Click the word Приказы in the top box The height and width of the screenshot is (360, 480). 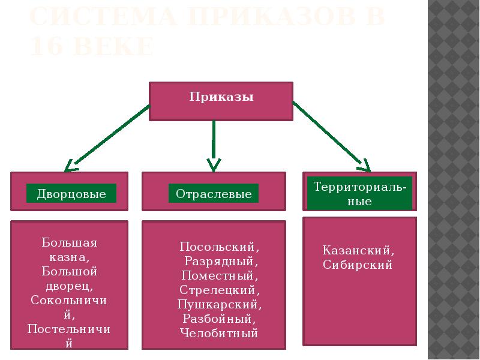click(x=221, y=97)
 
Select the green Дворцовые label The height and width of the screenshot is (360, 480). click(x=71, y=194)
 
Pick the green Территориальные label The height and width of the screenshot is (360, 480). click(x=360, y=193)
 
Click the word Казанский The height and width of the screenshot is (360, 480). click(x=359, y=250)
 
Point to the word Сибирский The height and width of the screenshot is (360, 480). click(x=358, y=265)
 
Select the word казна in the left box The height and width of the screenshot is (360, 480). click(x=68, y=257)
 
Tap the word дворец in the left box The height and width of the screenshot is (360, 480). click(x=68, y=286)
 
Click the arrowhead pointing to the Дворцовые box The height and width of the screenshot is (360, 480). click(x=71, y=164)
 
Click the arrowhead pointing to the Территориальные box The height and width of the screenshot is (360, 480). click(x=364, y=164)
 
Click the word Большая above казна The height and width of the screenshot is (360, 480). click(x=69, y=243)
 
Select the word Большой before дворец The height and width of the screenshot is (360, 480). click(x=69, y=272)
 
